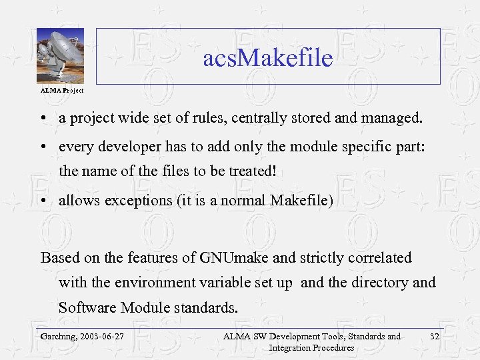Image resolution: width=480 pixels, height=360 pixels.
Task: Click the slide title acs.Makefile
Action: click(267, 58)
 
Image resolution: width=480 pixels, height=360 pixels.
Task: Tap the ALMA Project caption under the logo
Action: click(61, 89)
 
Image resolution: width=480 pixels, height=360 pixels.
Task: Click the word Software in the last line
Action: click(87, 307)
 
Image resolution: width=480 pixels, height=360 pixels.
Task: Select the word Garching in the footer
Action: click(57, 337)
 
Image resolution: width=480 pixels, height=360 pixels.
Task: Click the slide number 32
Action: click(435, 336)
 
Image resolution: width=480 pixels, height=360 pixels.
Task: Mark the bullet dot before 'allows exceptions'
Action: click(42, 200)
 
